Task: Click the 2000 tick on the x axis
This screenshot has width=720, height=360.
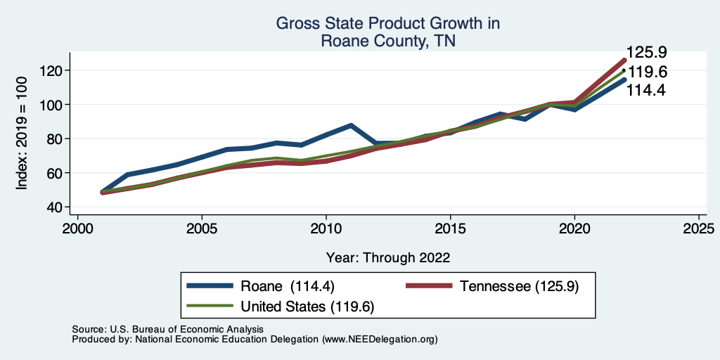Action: (x=77, y=229)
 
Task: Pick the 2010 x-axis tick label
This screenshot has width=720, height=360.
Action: (x=326, y=229)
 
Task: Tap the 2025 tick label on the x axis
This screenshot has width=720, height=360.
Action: (x=699, y=229)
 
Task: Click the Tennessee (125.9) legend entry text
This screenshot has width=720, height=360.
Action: (x=519, y=285)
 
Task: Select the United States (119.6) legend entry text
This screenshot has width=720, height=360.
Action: (x=307, y=307)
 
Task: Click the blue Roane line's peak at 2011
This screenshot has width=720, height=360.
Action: (x=350, y=125)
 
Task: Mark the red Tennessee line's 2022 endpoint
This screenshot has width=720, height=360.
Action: (x=624, y=60)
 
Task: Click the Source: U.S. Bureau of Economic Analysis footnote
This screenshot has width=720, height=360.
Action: (x=167, y=329)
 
